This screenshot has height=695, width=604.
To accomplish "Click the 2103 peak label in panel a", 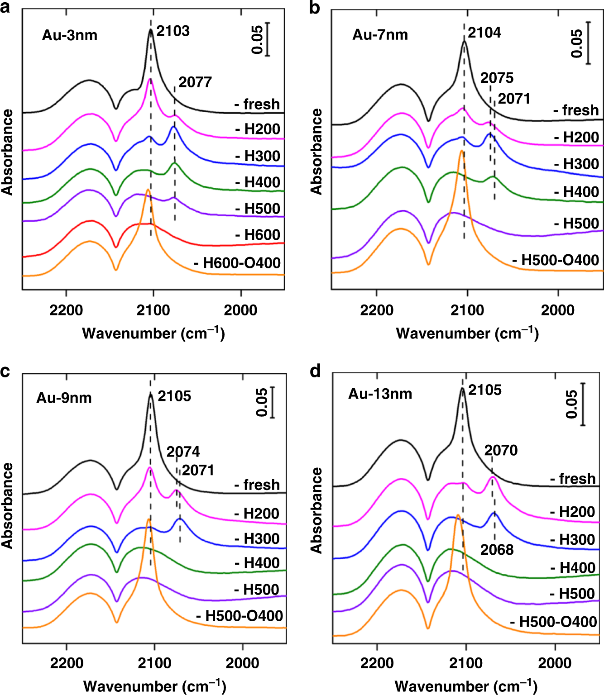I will click(173, 31).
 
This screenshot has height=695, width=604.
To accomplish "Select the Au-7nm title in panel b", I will click(380, 35).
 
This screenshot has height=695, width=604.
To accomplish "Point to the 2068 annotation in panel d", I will click(497, 550).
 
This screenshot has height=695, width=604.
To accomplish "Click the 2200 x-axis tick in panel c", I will click(67, 663).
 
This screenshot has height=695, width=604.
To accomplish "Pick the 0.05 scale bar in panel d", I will click(583, 404).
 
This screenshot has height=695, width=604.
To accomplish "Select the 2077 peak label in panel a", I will click(195, 82).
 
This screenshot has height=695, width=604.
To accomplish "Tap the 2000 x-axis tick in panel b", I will click(558, 310).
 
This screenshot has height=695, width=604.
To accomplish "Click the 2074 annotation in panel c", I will click(183, 452).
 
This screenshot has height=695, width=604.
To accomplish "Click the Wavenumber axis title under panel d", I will click(466, 686).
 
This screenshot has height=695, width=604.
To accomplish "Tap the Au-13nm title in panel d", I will click(380, 394).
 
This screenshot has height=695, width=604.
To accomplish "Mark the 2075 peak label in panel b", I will click(497, 78).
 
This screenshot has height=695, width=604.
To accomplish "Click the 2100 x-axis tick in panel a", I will click(153, 310).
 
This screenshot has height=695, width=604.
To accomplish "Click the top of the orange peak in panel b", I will click(461, 151).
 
